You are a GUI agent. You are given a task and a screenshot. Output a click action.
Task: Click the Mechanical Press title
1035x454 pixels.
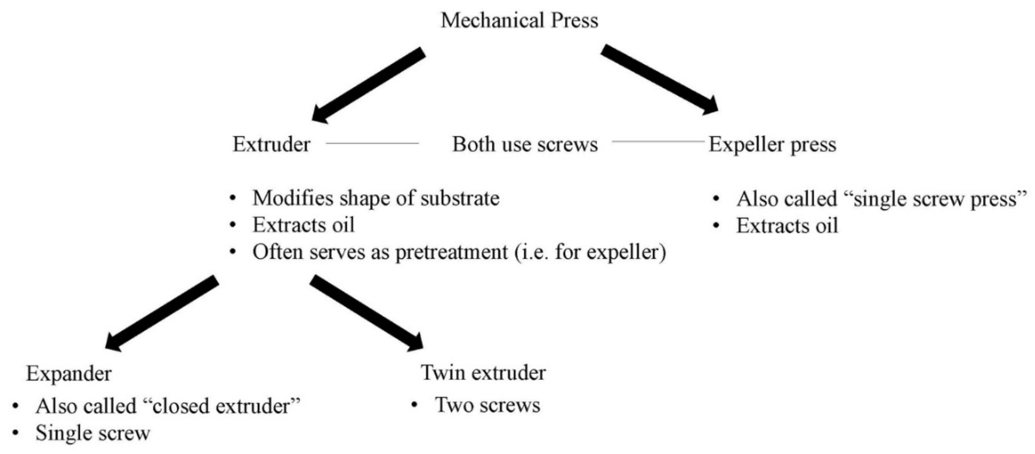tap(519, 20)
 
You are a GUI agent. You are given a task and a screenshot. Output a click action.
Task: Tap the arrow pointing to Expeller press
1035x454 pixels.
tap(659, 79)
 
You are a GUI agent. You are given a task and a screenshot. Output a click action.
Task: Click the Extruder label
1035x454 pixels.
tap(272, 144)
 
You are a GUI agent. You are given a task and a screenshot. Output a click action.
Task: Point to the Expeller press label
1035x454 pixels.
tap(772, 144)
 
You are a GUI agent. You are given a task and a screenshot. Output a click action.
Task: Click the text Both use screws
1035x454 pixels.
tap(525, 144)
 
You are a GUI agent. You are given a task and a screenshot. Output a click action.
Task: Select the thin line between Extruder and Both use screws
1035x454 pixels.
tap(372, 143)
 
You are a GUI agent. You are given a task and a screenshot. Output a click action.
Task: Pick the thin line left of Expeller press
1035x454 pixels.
tap(658, 141)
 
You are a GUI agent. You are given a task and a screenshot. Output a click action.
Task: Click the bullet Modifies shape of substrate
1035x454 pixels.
tap(376, 198)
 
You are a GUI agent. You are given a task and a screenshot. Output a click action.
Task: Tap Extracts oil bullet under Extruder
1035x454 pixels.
tap(303, 225)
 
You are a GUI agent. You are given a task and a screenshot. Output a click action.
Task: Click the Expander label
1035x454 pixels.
tap(69, 374)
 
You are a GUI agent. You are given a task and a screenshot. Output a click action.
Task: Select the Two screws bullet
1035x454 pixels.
tap(487, 405)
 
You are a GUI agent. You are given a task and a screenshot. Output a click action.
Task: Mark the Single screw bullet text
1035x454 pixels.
tap(93, 433)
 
